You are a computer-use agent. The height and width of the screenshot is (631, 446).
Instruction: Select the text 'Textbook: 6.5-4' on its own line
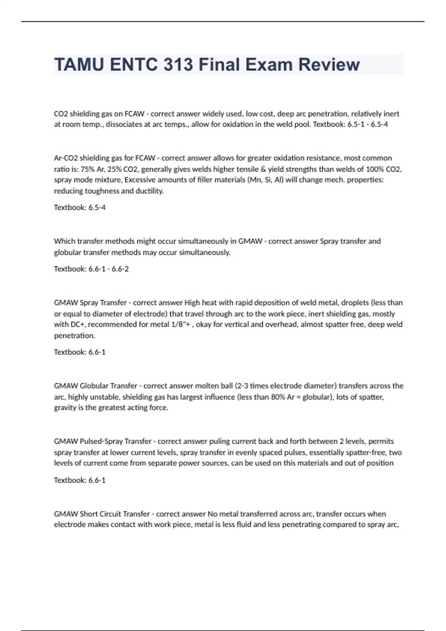tap(80, 207)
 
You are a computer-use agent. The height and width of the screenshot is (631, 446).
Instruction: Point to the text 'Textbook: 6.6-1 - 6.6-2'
tap(91, 269)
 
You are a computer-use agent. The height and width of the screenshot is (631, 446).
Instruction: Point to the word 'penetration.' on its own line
tap(74, 336)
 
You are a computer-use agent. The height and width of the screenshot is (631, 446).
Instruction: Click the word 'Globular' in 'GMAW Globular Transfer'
tap(94, 386)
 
